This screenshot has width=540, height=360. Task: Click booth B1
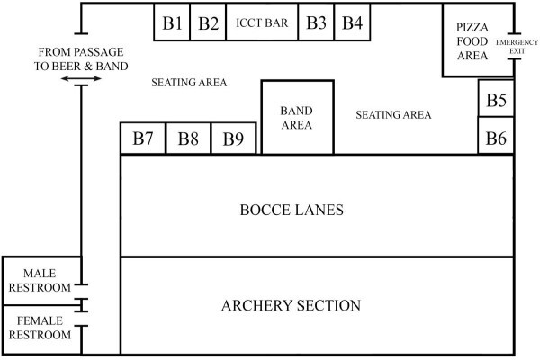tap(172, 22)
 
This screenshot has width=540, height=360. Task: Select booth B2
tap(208, 22)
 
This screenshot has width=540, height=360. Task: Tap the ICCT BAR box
tap(262, 22)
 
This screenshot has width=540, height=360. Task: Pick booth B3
tap(316, 22)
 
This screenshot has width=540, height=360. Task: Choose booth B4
tap(352, 22)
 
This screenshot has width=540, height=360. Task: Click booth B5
tap(496, 98)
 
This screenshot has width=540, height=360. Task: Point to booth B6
tap(496, 136)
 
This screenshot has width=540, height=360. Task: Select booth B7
tap(143, 139)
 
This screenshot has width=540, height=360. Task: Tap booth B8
tap(188, 139)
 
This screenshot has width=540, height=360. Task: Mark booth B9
tap(233, 139)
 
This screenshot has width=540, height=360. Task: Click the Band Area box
tap(298, 118)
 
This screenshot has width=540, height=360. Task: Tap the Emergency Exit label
tap(517, 47)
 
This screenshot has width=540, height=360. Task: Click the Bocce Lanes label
tap(292, 210)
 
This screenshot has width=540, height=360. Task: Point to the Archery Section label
tap(291, 305)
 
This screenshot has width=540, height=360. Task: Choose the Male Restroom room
tap(41, 281)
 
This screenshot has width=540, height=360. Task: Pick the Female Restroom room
tap(41, 329)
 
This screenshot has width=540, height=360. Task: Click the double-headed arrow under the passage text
tap(81, 79)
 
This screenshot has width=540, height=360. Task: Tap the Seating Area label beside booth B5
tap(393, 114)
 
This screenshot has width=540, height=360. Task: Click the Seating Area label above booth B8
tap(189, 82)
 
